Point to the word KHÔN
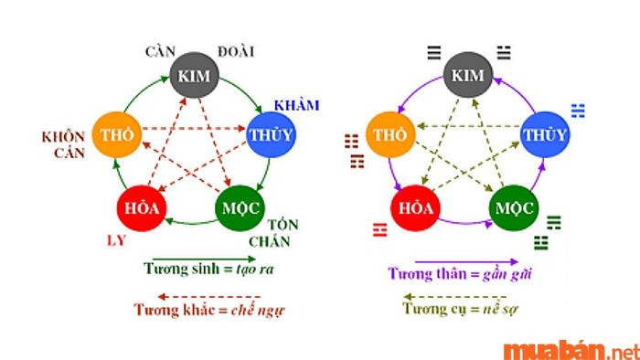63,137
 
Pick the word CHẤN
272,241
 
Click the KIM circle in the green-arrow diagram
195,74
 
